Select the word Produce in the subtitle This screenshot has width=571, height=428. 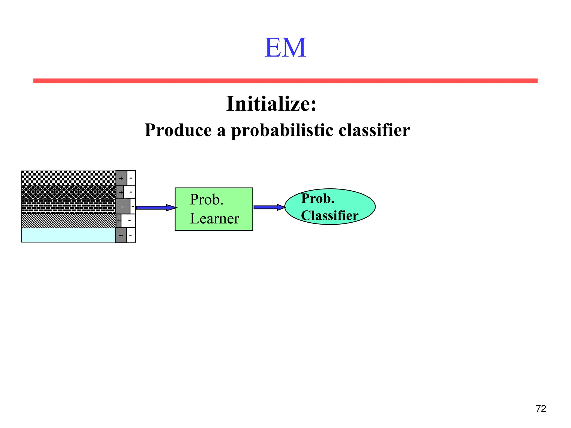coord(178,130)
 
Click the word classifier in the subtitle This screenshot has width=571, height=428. coord(374,130)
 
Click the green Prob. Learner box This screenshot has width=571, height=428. coord(214,209)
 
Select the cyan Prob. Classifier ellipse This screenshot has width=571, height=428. coord(330,207)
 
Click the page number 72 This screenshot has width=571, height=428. coord(541,408)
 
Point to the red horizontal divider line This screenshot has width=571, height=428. coord(285,81)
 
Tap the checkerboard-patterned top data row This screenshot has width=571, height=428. coord(69,178)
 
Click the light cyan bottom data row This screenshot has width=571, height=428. coord(69,235)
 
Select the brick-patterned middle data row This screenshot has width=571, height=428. coord(69,206)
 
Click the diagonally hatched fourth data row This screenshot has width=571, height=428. coord(69,221)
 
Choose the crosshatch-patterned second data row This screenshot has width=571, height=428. coord(69,192)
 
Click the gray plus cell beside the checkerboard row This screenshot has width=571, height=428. coord(121,178)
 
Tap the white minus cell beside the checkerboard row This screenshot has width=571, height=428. coord(131,178)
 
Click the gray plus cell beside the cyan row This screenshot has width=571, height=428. coord(121,235)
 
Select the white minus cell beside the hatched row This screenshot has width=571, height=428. coord(129,221)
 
